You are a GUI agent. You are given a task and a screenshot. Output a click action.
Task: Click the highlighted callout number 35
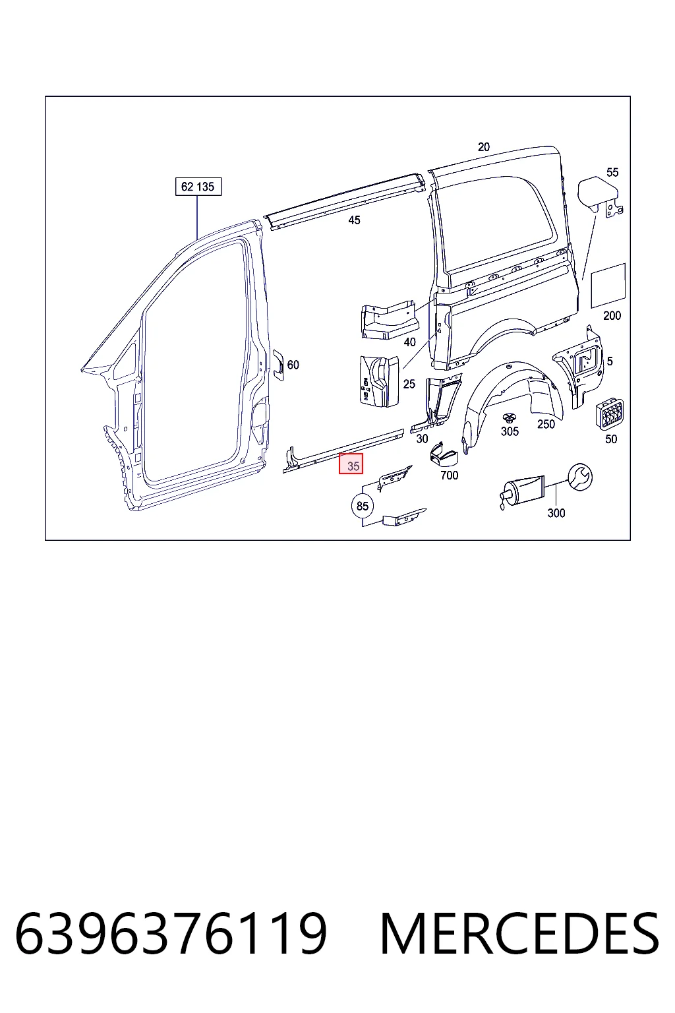351,464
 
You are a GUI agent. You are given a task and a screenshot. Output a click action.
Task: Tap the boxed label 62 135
198,187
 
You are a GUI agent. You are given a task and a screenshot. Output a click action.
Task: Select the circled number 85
363,506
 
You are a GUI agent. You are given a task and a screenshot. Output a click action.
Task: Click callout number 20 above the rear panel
483,147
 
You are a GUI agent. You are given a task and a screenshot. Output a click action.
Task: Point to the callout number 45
354,220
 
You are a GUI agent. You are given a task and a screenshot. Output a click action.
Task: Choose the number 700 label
450,476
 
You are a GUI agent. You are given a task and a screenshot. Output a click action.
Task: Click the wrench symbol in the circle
581,477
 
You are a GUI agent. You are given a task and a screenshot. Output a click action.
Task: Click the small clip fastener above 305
510,417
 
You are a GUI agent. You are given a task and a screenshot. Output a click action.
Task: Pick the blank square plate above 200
608,286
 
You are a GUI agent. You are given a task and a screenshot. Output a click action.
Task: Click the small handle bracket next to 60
278,365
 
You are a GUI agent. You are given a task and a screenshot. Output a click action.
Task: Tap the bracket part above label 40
390,319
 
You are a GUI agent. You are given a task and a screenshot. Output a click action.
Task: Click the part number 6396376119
171,933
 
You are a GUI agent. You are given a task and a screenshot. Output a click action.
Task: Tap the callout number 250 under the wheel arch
546,424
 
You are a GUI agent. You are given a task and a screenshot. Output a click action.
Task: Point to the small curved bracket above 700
443,454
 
